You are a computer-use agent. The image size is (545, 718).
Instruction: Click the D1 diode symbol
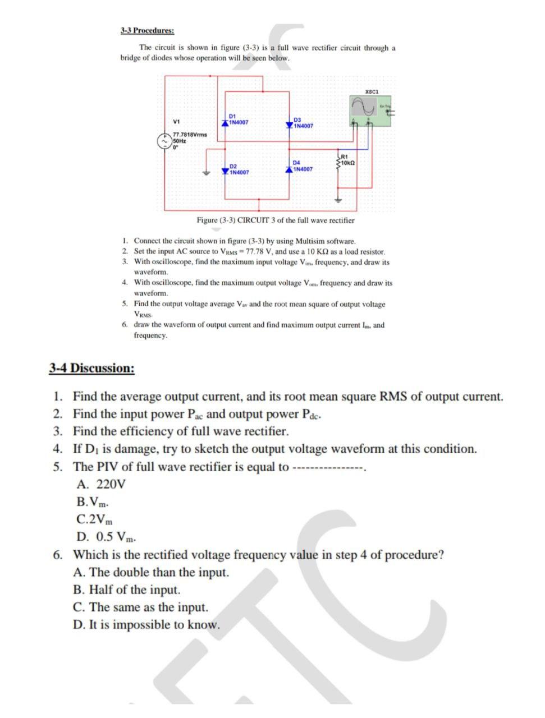[225, 121]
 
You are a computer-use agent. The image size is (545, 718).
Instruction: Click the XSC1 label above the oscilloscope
[372, 91]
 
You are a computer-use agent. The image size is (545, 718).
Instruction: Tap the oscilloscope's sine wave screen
[363, 105]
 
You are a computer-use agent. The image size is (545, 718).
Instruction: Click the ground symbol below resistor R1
[338, 199]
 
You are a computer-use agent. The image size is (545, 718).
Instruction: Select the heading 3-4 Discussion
[91, 368]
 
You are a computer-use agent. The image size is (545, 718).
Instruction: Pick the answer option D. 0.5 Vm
[107, 537]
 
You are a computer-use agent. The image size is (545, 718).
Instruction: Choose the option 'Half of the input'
[127, 590]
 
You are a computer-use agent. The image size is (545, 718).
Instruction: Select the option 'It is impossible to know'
[146, 624]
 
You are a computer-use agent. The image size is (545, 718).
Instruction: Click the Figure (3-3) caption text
[275, 220]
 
